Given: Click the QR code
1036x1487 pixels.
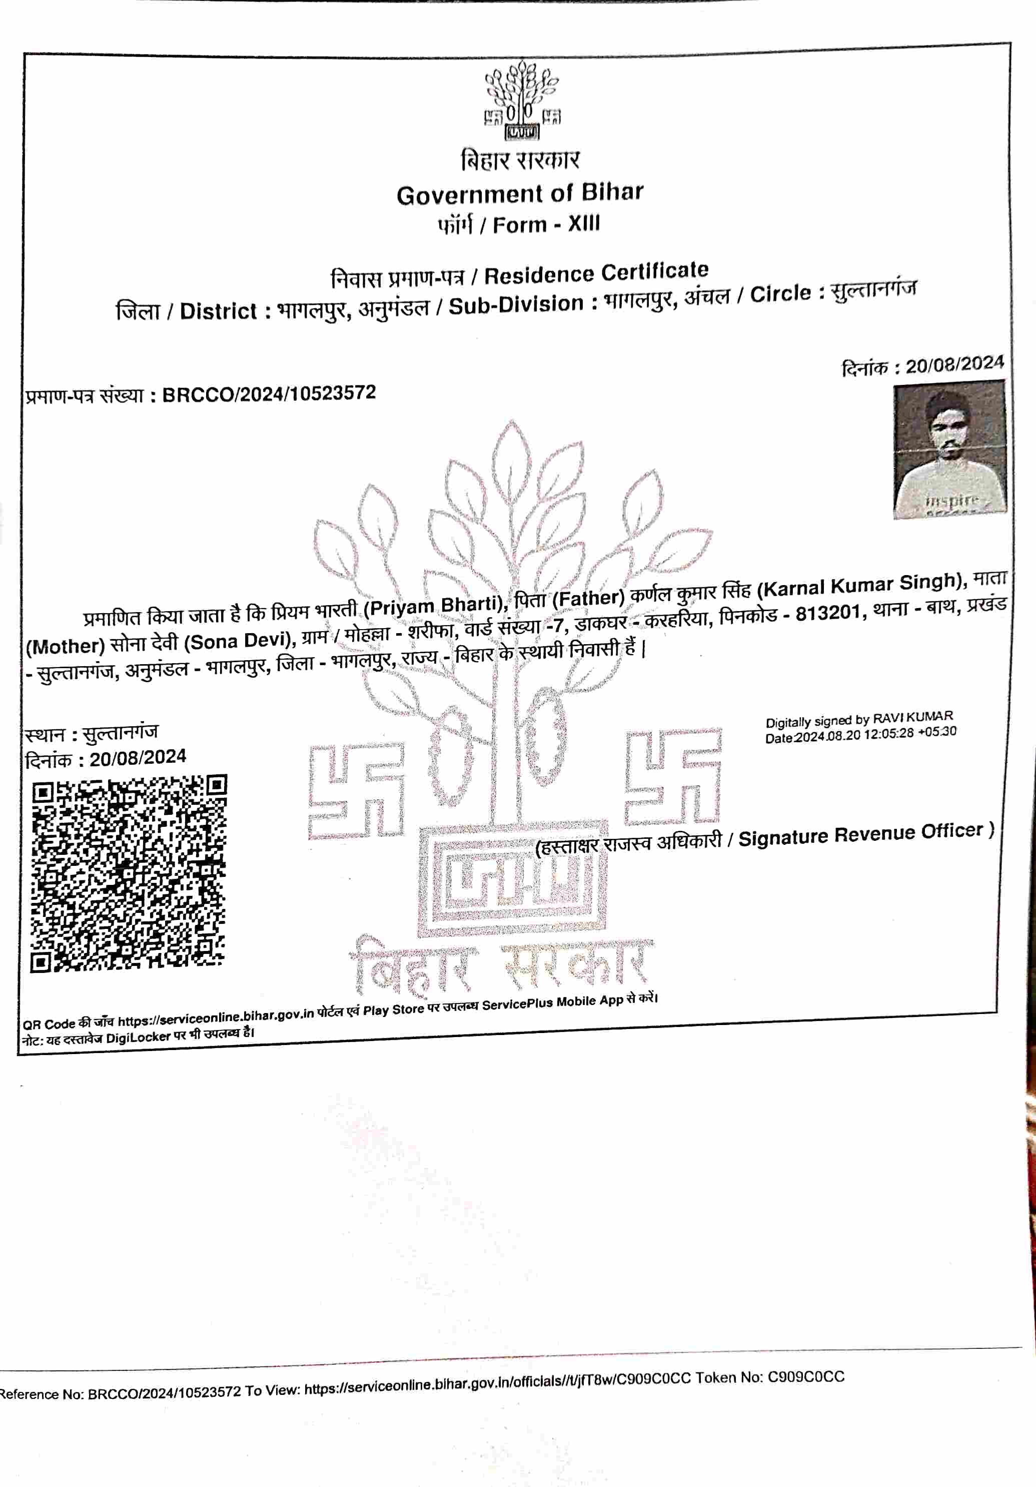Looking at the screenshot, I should (129, 872).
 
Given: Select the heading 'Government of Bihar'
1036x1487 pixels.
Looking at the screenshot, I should (520, 194).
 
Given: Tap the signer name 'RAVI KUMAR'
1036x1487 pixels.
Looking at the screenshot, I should (913, 717).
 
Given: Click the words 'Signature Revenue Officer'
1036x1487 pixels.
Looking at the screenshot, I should (861, 835).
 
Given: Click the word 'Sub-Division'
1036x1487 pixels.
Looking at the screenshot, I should (516, 304).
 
